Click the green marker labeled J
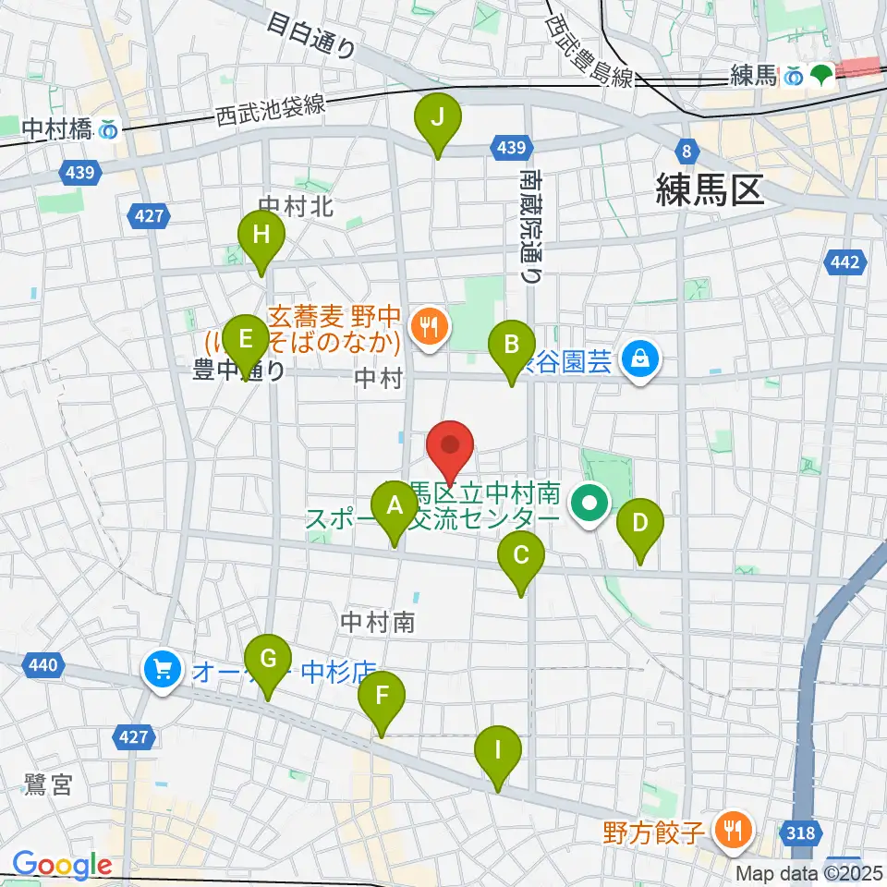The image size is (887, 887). [437, 119]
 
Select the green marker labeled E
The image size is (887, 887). [245, 338]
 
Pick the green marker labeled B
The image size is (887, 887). [510, 346]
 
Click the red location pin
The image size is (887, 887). [450, 447]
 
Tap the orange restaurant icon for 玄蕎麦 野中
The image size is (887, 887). [427, 325]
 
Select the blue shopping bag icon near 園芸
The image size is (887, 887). [639, 357]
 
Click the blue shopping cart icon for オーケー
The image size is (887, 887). [163, 668]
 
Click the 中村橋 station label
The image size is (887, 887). [57, 130]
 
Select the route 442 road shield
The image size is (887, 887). [845, 263]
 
